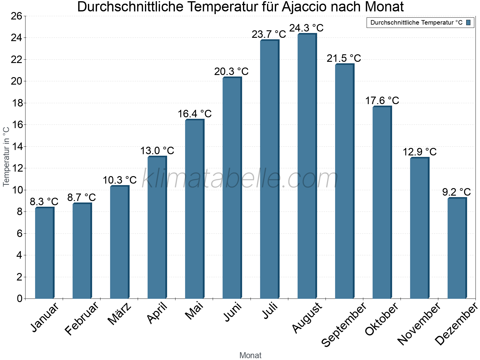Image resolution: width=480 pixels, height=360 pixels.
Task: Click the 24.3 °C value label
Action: (306, 28)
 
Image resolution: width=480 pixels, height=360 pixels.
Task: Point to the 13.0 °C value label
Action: (157, 151)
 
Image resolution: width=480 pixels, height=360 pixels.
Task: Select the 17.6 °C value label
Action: (382, 100)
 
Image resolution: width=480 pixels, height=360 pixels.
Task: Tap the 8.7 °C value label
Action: (81, 197)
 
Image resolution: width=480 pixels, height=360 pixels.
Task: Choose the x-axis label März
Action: (119, 314)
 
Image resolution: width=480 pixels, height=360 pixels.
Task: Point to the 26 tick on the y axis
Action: (16, 16)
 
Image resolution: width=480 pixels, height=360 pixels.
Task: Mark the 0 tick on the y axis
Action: (20, 298)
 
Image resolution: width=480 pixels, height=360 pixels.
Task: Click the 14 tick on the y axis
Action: (16, 146)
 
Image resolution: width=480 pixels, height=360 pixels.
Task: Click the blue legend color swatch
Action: (468, 22)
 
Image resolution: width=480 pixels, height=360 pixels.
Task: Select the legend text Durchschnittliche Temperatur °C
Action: (416, 22)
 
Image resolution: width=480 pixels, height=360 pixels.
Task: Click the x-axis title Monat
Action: (250, 355)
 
